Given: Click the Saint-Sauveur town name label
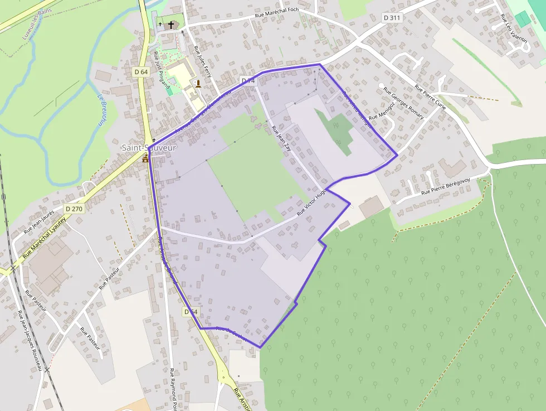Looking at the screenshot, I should tap(149, 148).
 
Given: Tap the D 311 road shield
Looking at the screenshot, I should tap(392, 18).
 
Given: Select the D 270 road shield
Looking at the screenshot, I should tap(74, 209).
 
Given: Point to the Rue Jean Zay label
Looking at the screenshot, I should tap(281, 142).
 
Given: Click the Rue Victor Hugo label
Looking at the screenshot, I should tap(312, 202).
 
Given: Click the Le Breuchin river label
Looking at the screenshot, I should tap(102, 109).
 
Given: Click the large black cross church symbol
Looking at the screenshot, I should tap(171, 25).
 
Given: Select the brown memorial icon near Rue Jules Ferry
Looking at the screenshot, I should tap(198, 84).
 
